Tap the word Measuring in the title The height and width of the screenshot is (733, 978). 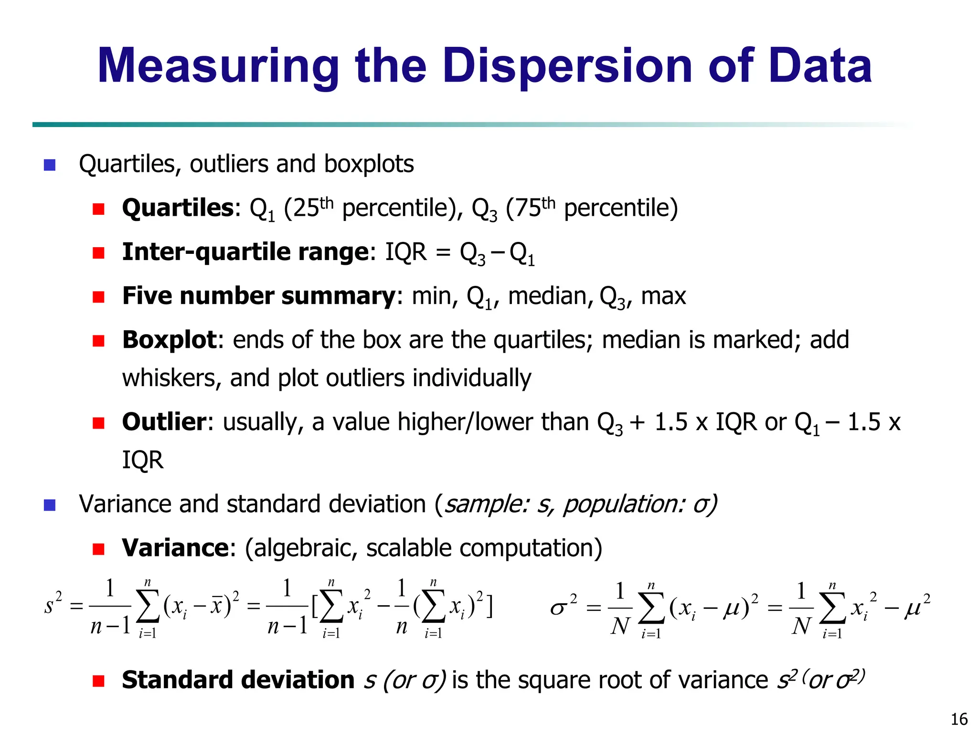click(218, 67)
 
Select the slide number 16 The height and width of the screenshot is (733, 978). click(959, 719)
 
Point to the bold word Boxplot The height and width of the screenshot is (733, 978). click(170, 340)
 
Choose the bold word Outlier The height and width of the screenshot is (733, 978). click(164, 422)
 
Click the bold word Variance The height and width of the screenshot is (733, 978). click(175, 548)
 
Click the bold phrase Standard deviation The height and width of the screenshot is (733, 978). click(238, 680)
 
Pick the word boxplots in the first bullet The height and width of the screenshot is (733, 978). click(369, 164)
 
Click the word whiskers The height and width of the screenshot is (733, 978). click(171, 378)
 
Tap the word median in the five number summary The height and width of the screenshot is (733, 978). click(547, 296)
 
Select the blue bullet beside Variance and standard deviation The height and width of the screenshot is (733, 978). click(50, 505)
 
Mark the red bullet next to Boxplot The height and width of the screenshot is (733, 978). click(99, 341)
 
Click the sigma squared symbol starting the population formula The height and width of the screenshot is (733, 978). click(563, 607)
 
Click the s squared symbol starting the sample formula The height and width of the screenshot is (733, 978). click(53, 605)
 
